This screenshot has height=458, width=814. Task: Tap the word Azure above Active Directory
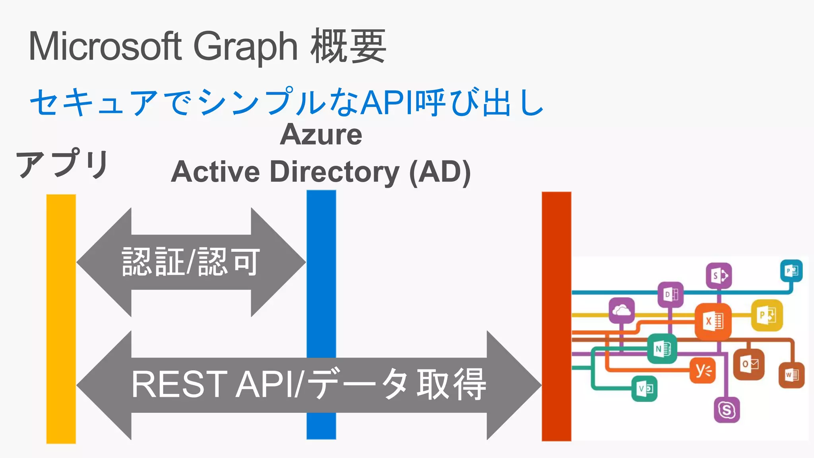(x=321, y=134)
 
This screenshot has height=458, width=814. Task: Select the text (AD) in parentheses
(x=440, y=172)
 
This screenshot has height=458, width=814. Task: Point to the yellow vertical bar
(x=61, y=318)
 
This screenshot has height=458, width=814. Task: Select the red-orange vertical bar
(x=556, y=316)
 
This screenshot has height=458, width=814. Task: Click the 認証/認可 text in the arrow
(x=191, y=262)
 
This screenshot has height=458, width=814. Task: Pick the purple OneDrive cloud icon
(x=622, y=310)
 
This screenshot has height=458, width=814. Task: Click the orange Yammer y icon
(x=703, y=371)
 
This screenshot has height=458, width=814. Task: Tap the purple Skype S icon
(x=727, y=409)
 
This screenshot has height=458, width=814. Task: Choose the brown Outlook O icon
(x=749, y=364)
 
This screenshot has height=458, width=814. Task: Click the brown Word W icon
(x=791, y=375)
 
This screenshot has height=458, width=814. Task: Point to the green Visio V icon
(x=644, y=388)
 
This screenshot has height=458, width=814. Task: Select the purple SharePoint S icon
(x=719, y=275)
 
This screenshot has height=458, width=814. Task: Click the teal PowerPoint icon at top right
(x=791, y=271)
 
